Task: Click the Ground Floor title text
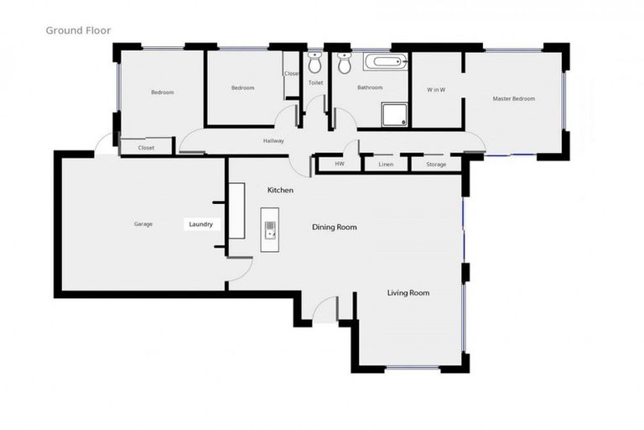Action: click(x=77, y=30)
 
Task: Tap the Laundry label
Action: click(x=200, y=224)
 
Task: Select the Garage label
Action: click(x=143, y=224)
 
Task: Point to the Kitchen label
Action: click(x=280, y=191)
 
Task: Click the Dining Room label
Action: click(x=335, y=227)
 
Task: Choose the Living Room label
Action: click(x=408, y=292)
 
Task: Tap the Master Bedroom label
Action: click(x=513, y=99)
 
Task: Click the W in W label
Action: click(x=435, y=89)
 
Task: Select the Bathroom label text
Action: click(x=370, y=87)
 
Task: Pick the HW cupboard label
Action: click(x=339, y=164)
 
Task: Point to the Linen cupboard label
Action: click(x=386, y=164)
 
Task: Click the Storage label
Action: click(x=436, y=164)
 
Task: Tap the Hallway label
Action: click(x=273, y=141)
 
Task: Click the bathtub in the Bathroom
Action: click(x=385, y=61)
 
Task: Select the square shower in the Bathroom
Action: click(x=394, y=114)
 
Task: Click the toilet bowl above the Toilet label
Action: click(x=315, y=63)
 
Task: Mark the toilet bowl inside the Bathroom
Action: click(x=344, y=64)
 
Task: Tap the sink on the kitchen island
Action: click(x=270, y=229)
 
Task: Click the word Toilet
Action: click(x=315, y=83)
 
